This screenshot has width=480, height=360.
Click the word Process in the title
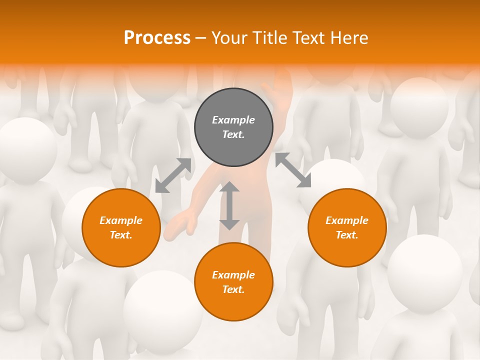click(157, 37)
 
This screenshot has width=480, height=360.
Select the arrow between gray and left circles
click(173, 175)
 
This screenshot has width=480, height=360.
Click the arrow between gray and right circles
click(293, 170)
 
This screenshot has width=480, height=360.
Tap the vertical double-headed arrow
click(229, 205)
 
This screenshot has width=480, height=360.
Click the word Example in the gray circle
click(233, 120)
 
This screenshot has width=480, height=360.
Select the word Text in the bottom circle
click(232, 289)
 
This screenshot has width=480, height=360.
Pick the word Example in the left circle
click(121, 220)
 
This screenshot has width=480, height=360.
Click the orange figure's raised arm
click(280, 92)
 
